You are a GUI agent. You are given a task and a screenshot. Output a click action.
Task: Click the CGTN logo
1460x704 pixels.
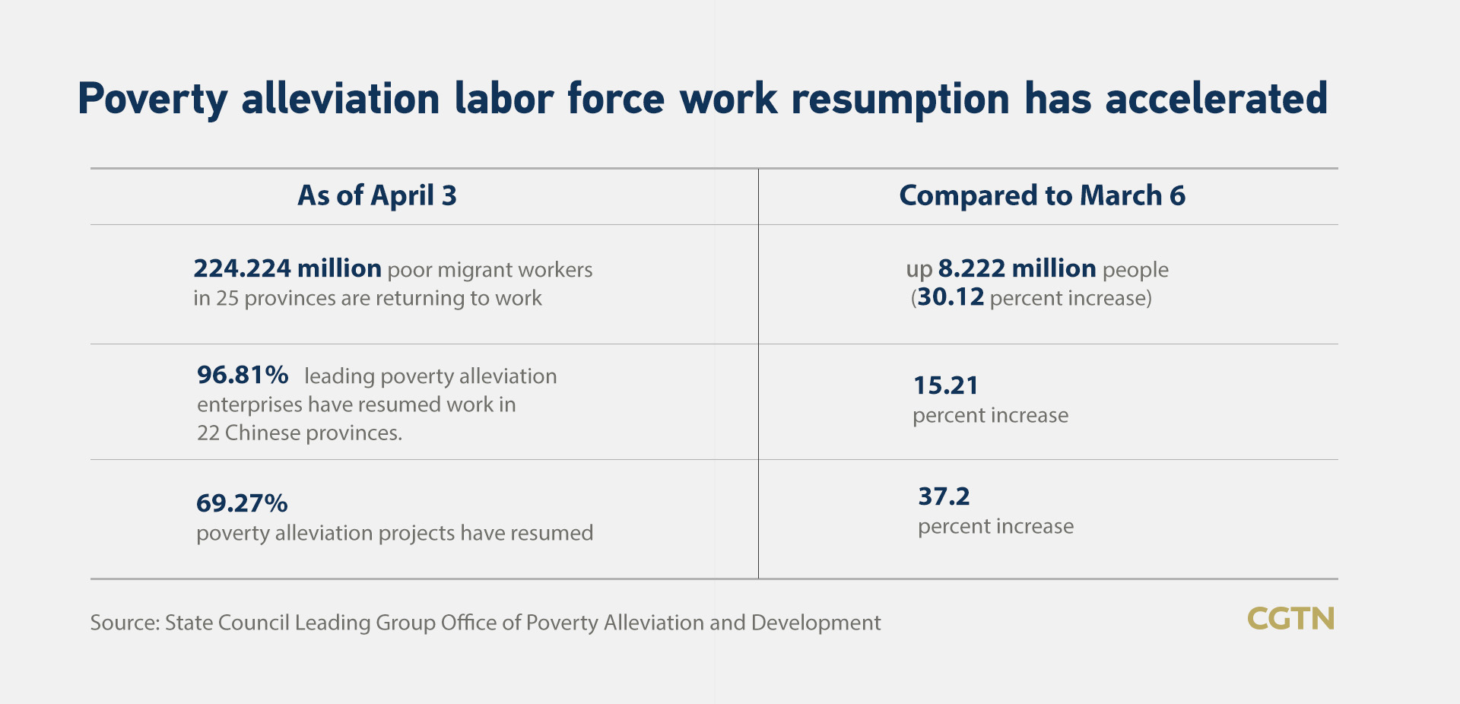1290,619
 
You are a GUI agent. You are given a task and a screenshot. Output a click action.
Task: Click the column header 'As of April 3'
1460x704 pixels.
377,196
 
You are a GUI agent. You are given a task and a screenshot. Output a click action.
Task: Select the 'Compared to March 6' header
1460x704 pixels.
1042,196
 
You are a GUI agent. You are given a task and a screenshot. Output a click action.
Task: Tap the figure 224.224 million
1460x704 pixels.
287,268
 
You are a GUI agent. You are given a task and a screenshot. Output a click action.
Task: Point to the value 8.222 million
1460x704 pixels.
1017,268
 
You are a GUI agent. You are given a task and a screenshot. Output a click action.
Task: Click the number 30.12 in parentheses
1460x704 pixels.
951,297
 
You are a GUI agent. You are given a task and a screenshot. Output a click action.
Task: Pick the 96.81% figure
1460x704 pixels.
243,375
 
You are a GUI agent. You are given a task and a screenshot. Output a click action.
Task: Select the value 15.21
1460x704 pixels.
945,385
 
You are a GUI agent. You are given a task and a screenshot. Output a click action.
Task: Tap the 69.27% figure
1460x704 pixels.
242,503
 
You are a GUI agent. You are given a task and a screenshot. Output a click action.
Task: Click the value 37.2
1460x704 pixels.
944,496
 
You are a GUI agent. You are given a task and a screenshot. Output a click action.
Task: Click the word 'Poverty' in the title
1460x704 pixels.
152,100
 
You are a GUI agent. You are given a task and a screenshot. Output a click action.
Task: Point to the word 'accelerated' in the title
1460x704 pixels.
1216,99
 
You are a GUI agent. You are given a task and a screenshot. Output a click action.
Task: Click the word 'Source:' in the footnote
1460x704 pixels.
125,623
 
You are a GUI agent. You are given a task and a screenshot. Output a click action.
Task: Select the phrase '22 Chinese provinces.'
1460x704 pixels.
300,433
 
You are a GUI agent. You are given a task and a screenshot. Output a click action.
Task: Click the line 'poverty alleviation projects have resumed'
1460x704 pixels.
395,533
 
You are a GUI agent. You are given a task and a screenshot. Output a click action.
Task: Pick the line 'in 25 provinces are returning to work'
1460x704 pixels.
367,298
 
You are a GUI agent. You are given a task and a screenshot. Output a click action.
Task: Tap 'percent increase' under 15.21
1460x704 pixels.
990,416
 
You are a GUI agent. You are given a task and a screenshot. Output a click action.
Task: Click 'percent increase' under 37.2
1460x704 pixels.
995,527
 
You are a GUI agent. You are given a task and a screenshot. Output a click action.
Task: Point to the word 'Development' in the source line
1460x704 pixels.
816,623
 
